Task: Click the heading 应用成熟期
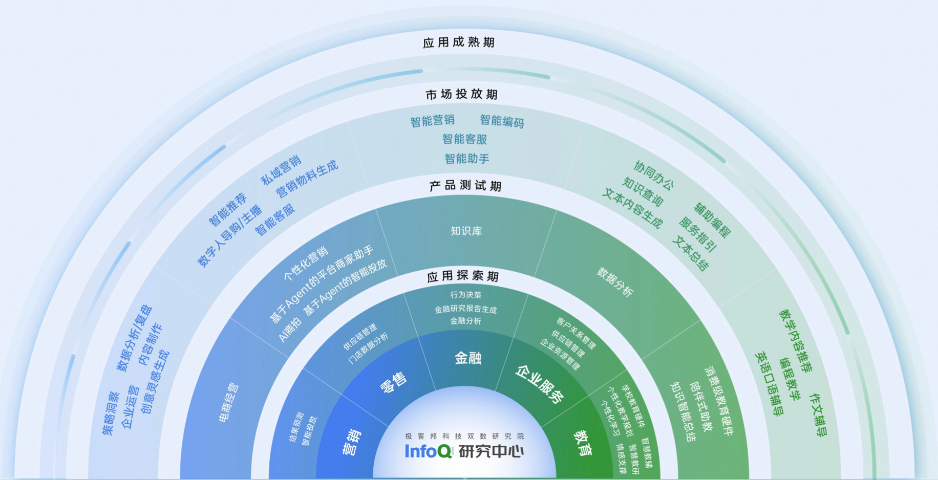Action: [x=459, y=42]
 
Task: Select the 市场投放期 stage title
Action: [x=461, y=94]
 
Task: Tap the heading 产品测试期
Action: [x=465, y=186]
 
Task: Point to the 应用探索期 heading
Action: [x=462, y=277]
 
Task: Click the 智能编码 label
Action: [x=502, y=121]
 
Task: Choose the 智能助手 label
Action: [x=466, y=159]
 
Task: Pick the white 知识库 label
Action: [x=466, y=231]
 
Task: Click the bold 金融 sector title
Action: [x=468, y=358]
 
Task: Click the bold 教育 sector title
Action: [x=583, y=443]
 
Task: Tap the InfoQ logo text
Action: [x=428, y=451]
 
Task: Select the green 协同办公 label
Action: [x=653, y=176]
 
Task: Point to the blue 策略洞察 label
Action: [x=111, y=413]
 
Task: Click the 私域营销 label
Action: [x=281, y=170]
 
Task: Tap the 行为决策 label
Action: [x=465, y=295]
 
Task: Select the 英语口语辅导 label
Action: [x=769, y=384]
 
